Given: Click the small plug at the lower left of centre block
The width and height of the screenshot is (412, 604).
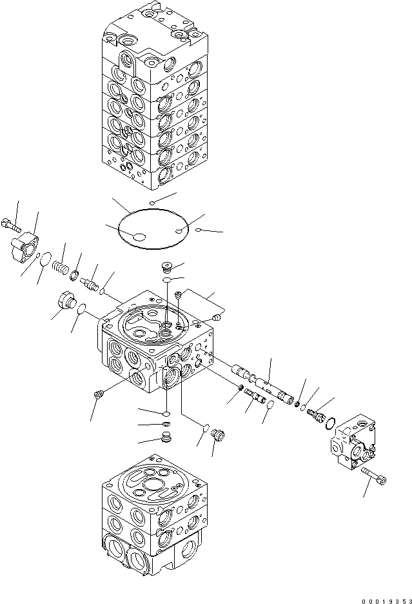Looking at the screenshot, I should pos(99,394).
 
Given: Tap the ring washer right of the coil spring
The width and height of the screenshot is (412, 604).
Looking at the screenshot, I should pos(76,277).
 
